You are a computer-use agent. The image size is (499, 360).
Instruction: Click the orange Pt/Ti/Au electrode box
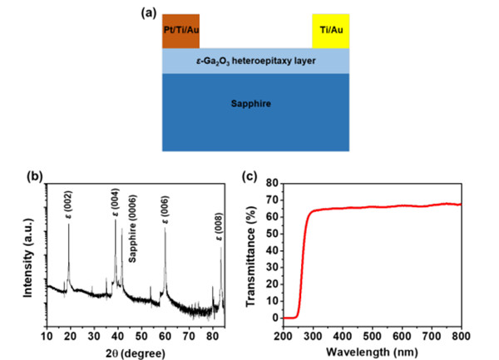click(x=181, y=31)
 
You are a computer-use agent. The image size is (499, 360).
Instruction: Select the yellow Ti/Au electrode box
click(x=331, y=31)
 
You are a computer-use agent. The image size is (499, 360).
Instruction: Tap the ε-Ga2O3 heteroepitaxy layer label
click(x=256, y=61)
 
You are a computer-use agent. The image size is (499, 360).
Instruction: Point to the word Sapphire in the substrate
click(x=256, y=106)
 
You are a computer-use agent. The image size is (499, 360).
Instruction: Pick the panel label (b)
click(x=33, y=177)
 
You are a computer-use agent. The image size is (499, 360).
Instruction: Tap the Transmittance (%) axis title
click(x=257, y=254)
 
